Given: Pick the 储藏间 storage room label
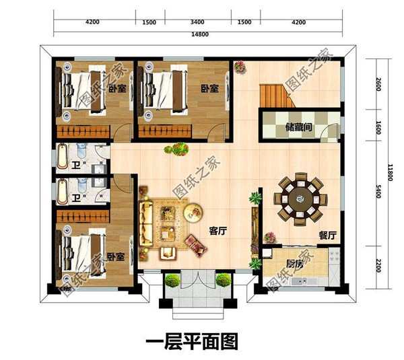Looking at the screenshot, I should (x=296, y=126).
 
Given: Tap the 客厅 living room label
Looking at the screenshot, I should (x=217, y=230).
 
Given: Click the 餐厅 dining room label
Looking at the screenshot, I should (x=327, y=236).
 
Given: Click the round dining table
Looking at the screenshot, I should (x=300, y=197).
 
